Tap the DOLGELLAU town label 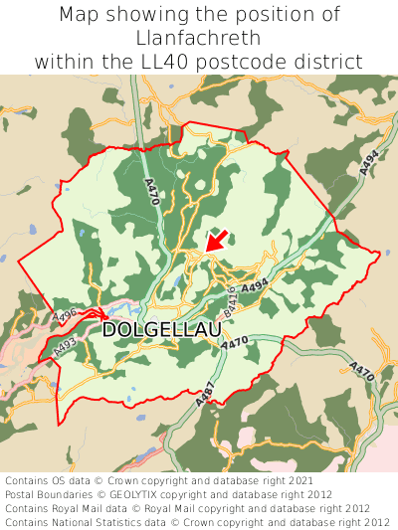coord(161,329)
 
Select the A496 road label coord(66,315)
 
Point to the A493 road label coord(66,347)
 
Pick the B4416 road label coord(232,302)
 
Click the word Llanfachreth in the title coord(199,38)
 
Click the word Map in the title coord(80,15)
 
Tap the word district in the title coord(329,62)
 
